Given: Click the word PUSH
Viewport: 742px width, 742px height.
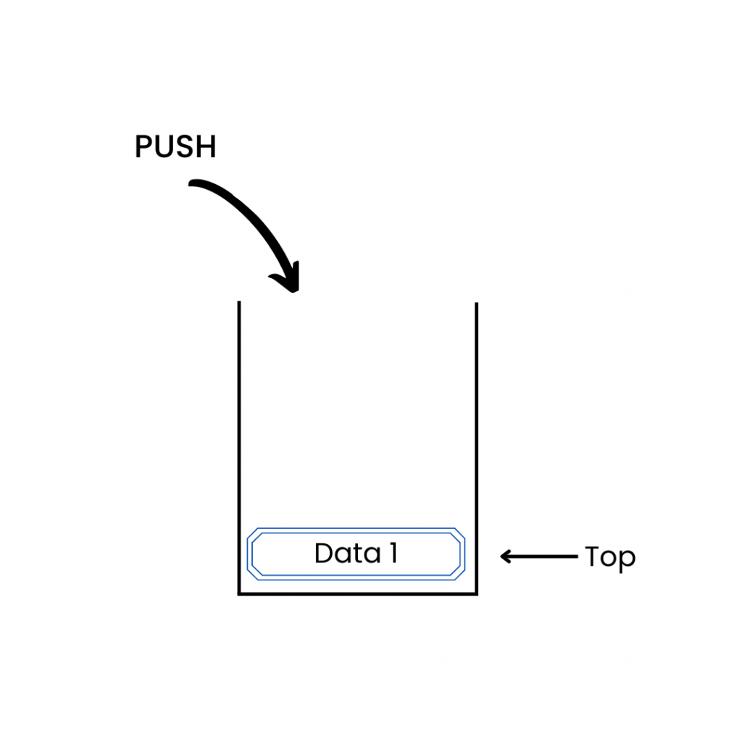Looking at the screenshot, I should tap(175, 147).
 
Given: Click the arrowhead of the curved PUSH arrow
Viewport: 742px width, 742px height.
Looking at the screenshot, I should tap(289, 282).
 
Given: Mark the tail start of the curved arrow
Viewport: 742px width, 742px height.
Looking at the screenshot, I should tap(193, 184).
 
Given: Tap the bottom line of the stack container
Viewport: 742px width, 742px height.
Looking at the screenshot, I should tap(358, 594).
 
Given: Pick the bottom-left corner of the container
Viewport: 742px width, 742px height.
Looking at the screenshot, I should tap(239, 594).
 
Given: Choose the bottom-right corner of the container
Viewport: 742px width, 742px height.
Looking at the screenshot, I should tap(476, 594).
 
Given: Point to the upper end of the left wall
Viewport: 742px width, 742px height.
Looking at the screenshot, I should tap(239, 303).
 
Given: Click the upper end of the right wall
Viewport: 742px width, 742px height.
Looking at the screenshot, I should tap(476, 304).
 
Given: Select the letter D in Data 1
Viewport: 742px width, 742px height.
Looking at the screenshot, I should tap(324, 554).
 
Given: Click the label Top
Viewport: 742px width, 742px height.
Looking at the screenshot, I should tap(610, 558).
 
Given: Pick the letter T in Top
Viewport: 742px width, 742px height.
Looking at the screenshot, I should tap(593, 556).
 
